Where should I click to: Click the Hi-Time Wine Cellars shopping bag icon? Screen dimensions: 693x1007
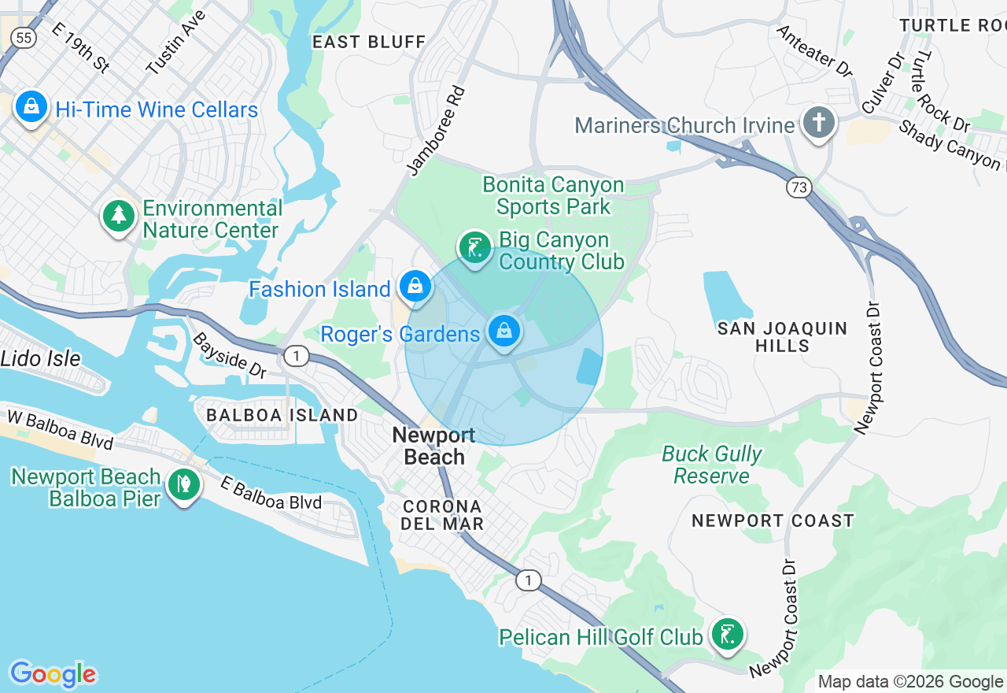(x=31, y=106)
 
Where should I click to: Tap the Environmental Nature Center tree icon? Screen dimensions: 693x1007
(x=119, y=216)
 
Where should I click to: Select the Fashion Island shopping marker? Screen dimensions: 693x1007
(x=415, y=286)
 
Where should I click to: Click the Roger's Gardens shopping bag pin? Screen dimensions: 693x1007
(x=504, y=332)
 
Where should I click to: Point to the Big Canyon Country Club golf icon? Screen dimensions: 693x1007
(x=474, y=248)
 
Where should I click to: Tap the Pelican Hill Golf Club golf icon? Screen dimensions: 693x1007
(x=727, y=634)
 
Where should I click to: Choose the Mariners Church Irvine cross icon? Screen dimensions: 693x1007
(x=818, y=124)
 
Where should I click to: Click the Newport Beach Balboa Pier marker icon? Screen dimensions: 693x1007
(x=184, y=484)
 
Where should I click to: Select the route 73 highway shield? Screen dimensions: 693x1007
(x=798, y=187)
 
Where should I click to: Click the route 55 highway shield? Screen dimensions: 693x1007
(x=24, y=37)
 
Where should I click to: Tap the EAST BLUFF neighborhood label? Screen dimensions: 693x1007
(x=369, y=42)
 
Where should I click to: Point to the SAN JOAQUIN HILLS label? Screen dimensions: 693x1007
(x=782, y=337)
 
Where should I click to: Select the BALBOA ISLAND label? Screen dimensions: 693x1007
(x=282, y=414)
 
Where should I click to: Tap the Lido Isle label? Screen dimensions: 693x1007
(x=41, y=358)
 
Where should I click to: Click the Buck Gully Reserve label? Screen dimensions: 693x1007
(x=711, y=465)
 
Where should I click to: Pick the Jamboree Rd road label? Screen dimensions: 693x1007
(x=437, y=130)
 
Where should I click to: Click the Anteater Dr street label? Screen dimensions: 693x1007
(x=814, y=51)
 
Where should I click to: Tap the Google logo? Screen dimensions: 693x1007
(x=53, y=674)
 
